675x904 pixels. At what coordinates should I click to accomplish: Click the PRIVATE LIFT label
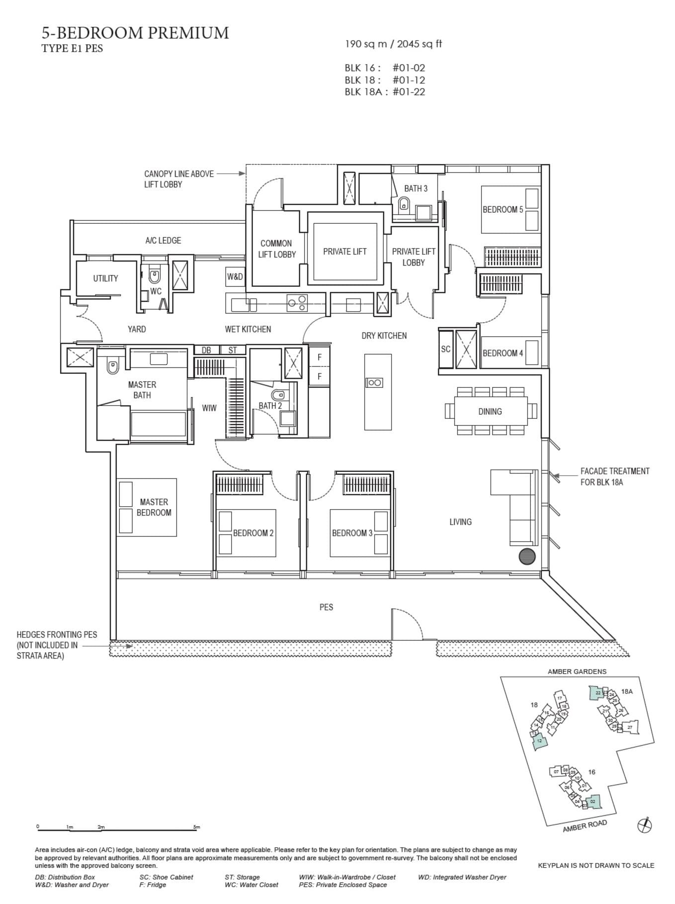click(344, 252)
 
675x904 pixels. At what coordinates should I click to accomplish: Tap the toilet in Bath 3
click(404, 203)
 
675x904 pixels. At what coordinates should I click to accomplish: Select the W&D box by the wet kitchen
click(235, 276)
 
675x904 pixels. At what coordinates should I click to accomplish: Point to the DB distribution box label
click(206, 350)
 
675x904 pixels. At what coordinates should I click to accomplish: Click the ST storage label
click(233, 350)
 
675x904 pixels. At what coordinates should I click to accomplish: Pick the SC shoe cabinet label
click(445, 349)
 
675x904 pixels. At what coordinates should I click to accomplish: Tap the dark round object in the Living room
click(527, 556)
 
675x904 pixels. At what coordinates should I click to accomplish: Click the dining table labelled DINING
click(490, 411)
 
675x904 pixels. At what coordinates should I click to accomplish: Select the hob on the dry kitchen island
click(374, 382)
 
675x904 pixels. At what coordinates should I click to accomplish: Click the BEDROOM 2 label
click(253, 533)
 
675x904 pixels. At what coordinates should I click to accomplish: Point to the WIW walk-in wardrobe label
click(209, 408)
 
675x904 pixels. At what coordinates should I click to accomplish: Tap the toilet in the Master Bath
click(113, 367)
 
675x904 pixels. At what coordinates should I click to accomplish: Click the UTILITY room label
click(105, 278)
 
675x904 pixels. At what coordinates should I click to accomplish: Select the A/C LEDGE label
click(163, 241)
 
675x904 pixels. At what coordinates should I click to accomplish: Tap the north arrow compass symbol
click(644, 826)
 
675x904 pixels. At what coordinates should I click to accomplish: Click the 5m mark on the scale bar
click(196, 827)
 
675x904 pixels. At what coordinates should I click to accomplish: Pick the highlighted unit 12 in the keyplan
click(540, 741)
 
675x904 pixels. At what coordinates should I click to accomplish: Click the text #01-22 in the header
click(409, 91)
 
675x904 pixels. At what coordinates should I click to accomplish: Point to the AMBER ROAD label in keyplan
click(585, 826)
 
